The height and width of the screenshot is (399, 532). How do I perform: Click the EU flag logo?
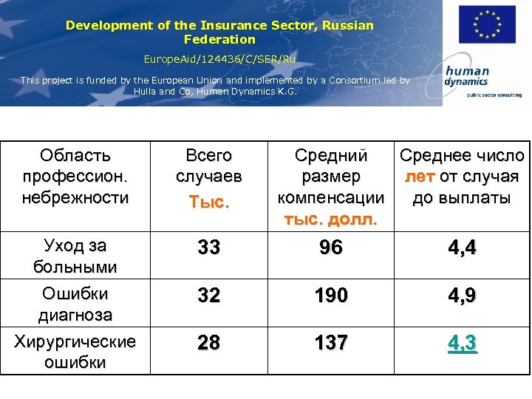(x=487, y=25)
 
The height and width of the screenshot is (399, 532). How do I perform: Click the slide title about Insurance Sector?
(x=219, y=32)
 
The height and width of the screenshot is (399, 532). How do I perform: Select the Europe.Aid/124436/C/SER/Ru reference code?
(x=219, y=57)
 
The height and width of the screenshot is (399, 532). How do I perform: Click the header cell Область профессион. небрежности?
(x=76, y=177)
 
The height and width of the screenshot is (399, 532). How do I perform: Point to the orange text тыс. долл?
(x=330, y=219)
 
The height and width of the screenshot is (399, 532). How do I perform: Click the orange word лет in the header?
(x=419, y=177)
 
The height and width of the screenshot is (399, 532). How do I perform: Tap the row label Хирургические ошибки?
(x=75, y=352)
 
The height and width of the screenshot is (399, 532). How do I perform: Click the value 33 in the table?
(x=209, y=248)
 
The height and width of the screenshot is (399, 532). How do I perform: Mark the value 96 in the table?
(x=330, y=248)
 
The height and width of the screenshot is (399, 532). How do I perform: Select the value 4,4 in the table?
(x=462, y=248)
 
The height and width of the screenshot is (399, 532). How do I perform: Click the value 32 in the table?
(x=209, y=296)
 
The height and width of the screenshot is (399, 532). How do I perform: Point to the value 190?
(x=330, y=296)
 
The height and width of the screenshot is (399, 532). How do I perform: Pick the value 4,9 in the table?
(x=462, y=296)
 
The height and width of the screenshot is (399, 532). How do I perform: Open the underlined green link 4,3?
(x=462, y=344)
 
